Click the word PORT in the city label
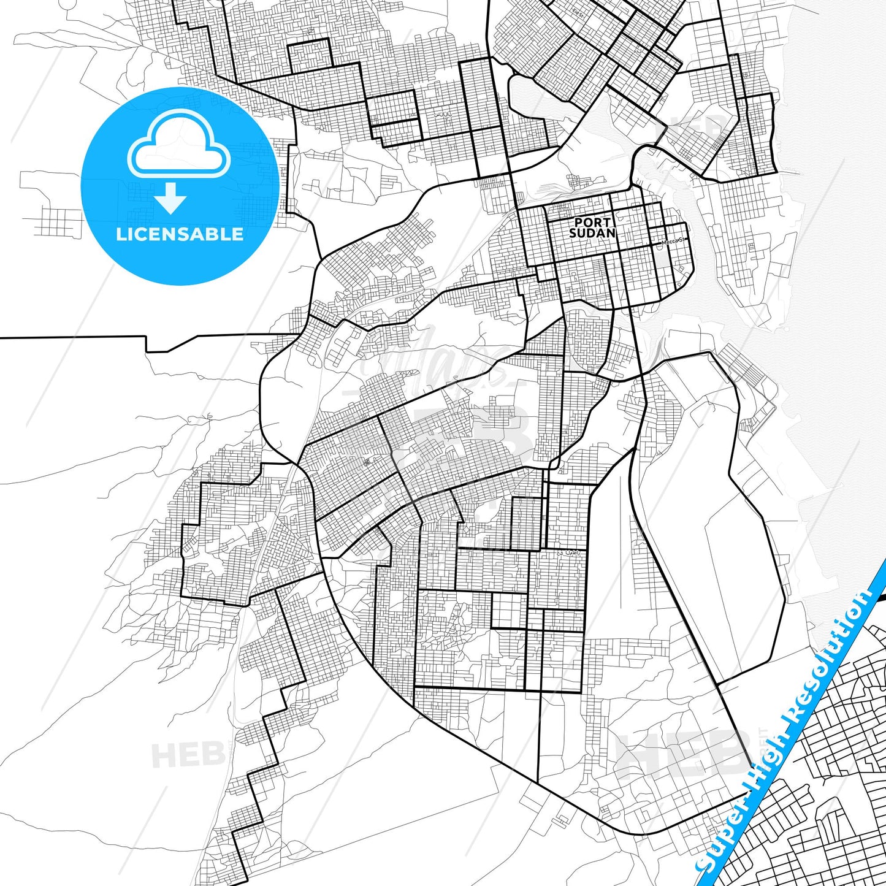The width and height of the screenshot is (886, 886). point(592,223)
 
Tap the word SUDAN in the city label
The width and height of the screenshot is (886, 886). point(592,233)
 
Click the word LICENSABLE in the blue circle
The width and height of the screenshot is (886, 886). point(180,234)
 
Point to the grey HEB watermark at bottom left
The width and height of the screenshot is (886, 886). point(188,754)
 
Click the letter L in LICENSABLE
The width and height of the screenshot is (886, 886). point(120,234)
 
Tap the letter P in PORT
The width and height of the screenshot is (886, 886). point(578,223)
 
